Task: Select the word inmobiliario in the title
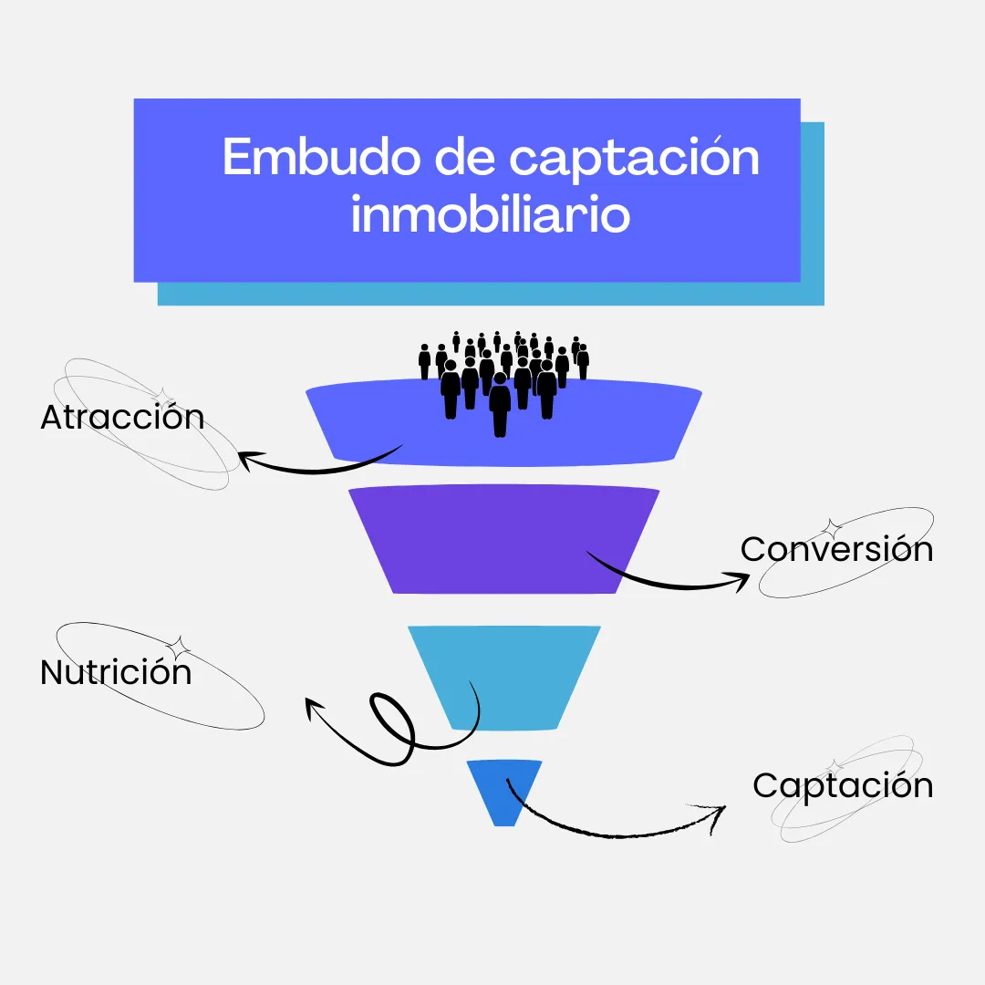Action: pyautogui.click(x=491, y=216)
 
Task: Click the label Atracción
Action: pyautogui.click(x=122, y=418)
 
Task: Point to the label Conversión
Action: pyautogui.click(x=836, y=549)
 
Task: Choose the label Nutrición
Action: pyautogui.click(x=116, y=673)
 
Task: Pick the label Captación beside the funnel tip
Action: pyautogui.click(x=843, y=785)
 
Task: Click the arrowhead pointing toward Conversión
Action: pyautogui.click(x=739, y=581)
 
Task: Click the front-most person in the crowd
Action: pyautogui.click(x=500, y=406)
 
